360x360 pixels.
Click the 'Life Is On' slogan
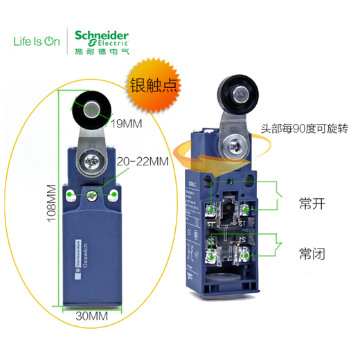35,40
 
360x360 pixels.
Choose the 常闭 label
313,254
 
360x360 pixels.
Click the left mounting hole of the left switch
71,195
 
